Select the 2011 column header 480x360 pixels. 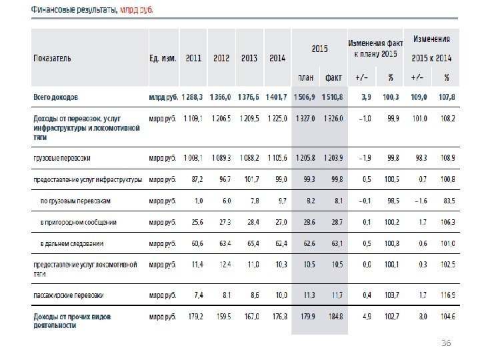[x=194, y=58]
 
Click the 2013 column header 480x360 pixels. [x=249, y=58]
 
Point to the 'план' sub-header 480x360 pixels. [x=306, y=76]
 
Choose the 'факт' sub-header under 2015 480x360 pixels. [x=333, y=76]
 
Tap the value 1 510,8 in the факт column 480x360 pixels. [x=333, y=97]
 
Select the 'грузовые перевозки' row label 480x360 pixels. [x=62, y=159]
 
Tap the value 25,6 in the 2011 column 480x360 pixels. [x=195, y=222]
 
